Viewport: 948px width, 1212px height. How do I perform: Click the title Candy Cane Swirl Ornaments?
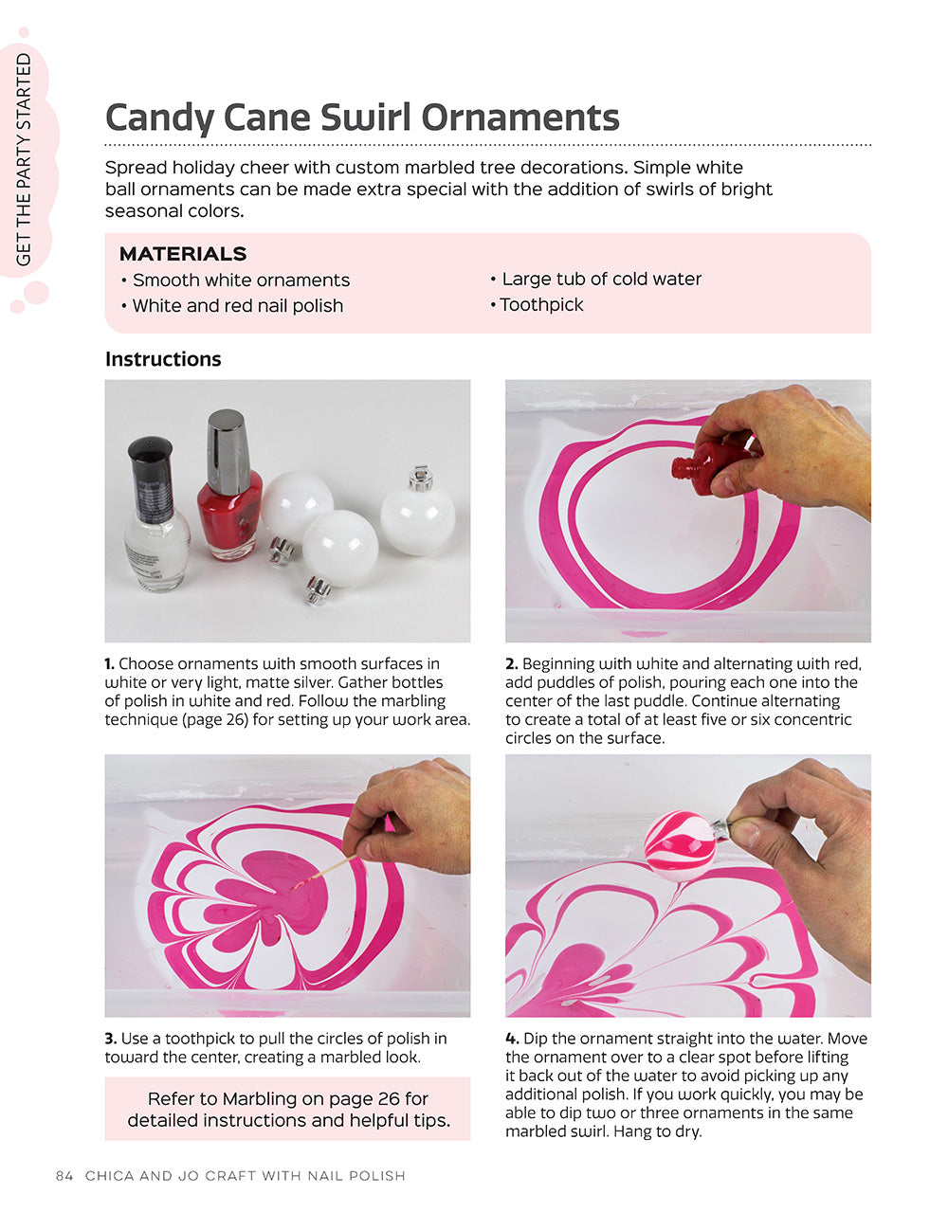(362, 118)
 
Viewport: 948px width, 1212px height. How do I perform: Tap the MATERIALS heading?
(183, 254)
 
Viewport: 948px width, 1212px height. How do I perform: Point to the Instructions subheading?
(163, 359)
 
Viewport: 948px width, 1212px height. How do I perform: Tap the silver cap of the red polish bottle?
(228, 440)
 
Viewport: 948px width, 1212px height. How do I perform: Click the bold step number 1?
(109, 664)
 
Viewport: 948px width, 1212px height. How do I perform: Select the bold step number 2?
(511, 664)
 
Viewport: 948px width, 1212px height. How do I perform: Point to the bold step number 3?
(110, 1039)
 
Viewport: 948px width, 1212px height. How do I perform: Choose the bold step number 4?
(511, 1039)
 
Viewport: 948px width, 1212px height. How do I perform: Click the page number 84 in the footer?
(64, 1176)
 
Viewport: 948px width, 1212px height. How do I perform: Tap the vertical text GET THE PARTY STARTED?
(25, 159)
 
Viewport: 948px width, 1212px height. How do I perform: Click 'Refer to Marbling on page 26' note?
(287, 1099)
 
